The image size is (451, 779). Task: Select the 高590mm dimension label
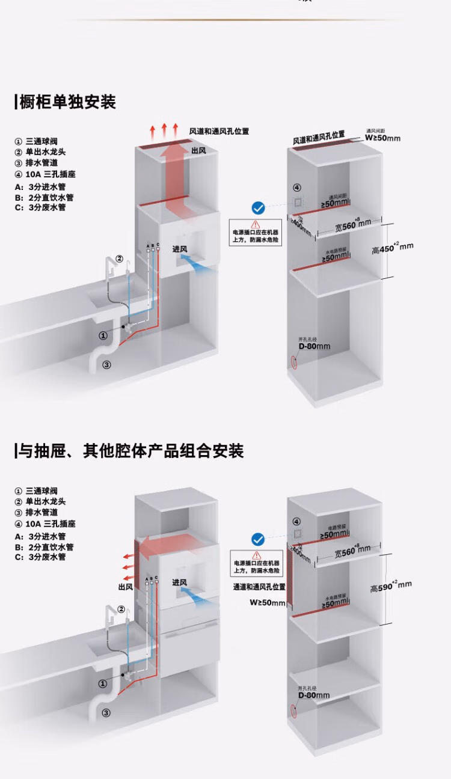tap(391, 585)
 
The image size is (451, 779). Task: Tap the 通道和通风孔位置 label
tap(259, 587)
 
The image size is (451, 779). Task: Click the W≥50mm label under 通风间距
tap(382, 138)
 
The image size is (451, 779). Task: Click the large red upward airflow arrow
tap(178, 180)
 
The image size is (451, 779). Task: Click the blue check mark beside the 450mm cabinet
tap(258, 208)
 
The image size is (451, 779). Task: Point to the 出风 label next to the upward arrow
tap(199, 150)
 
